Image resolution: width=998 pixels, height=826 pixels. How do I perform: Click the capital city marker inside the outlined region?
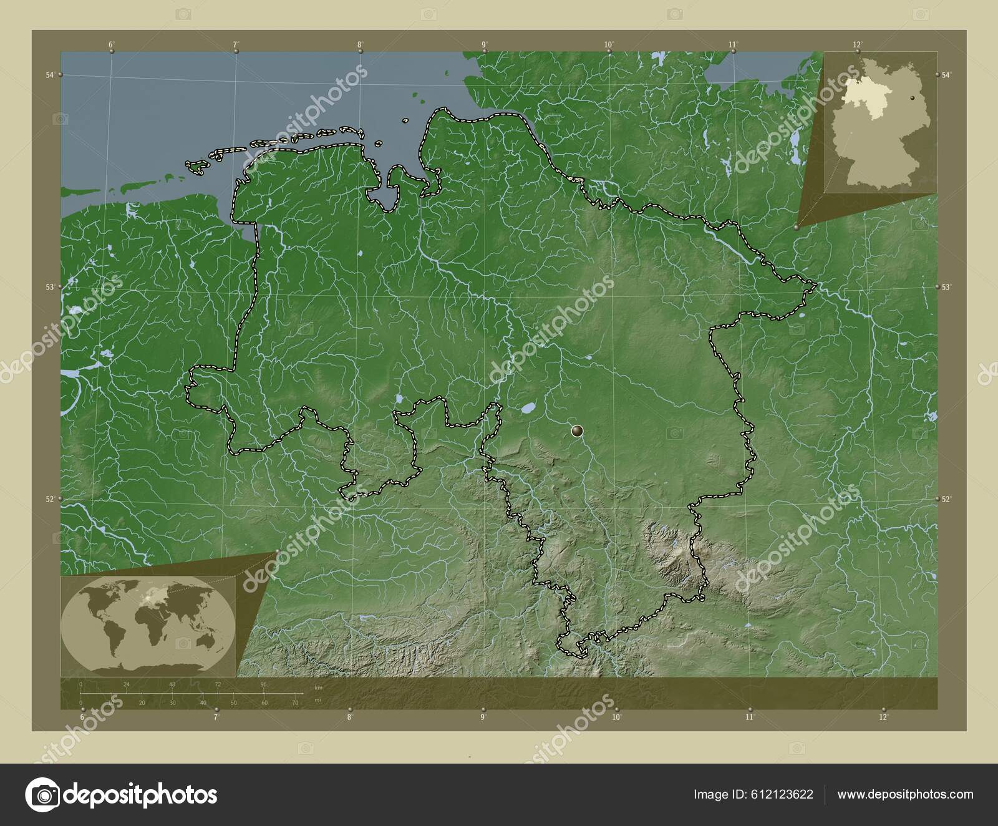coord(578,430)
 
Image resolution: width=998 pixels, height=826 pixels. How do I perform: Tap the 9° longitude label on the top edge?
coord(484,44)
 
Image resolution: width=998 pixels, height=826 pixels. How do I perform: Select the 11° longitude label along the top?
coord(734,44)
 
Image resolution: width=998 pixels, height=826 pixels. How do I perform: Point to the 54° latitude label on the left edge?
coord(49,75)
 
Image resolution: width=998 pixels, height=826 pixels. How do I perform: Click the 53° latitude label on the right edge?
coord(946,287)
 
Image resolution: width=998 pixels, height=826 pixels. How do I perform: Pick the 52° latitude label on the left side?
coord(49,499)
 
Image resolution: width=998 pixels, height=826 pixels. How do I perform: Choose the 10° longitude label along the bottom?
coord(616,717)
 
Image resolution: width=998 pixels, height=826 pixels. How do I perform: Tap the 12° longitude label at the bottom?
coord(883,717)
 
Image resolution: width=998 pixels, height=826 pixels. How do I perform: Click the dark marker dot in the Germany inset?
coord(913,98)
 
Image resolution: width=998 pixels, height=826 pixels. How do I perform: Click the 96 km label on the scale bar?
coord(263,684)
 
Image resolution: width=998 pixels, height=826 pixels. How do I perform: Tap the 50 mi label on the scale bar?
coord(233,703)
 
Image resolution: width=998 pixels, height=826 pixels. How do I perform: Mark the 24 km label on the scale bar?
coord(127,684)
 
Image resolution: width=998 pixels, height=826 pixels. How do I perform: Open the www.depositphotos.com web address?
coord(905,794)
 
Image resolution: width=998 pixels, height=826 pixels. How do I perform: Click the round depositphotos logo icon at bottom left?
coord(42,794)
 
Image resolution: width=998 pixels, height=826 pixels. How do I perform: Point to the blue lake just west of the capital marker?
coord(528,409)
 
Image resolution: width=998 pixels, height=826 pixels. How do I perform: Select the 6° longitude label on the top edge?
coord(111,44)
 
